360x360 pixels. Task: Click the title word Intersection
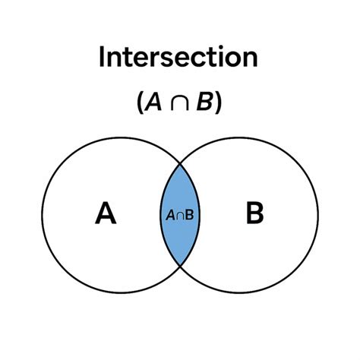click(x=179, y=58)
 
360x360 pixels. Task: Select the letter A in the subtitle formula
click(x=153, y=103)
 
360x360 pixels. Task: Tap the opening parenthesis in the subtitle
click(x=141, y=104)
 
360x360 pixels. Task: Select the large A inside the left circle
click(x=106, y=215)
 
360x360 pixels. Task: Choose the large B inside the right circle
click(x=254, y=215)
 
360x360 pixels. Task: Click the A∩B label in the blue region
click(x=179, y=215)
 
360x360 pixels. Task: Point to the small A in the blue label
click(x=170, y=215)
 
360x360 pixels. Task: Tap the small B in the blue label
click(x=188, y=215)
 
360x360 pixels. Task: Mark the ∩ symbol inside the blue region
click(x=179, y=215)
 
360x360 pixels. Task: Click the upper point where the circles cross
click(x=180, y=163)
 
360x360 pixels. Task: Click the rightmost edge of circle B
click(x=318, y=214)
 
